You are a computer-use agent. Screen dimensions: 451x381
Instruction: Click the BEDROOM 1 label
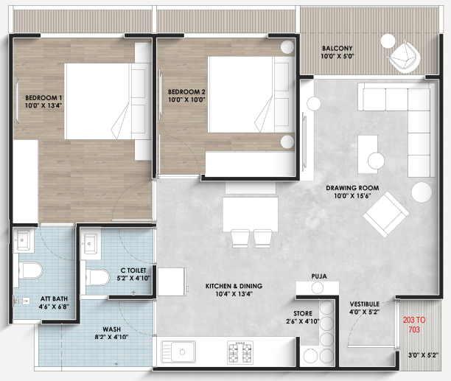tap(43, 98)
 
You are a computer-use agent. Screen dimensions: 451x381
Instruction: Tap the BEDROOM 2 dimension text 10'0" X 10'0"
tap(186, 99)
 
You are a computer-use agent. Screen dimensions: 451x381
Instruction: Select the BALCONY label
tap(337, 49)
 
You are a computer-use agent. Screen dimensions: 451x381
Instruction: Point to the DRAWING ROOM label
tap(352, 188)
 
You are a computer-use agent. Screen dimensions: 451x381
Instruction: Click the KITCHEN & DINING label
tap(234, 286)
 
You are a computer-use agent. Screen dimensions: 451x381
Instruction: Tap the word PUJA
tap(319, 276)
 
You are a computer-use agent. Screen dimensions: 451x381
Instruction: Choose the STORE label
tap(303, 313)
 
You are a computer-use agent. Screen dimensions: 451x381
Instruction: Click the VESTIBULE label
tap(365, 304)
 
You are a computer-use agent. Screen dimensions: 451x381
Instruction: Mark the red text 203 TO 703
tap(414, 325)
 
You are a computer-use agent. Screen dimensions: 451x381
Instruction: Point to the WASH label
tap(111, 329)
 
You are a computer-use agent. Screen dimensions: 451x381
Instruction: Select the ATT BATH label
tap(54, 298)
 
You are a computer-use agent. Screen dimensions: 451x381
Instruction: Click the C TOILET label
tap(133, 270)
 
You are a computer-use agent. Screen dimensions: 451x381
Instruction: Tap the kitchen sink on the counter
tap(178, 352)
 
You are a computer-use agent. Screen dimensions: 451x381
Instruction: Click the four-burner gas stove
tap(240, 352)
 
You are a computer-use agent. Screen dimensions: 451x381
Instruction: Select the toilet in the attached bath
tap(30, 270)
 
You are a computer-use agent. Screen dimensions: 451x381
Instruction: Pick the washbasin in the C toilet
tap(90, 244)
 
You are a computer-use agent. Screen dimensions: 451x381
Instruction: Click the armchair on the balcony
tap(402, 57)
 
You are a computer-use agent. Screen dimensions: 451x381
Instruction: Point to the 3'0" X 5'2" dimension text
tap(423, 355)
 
